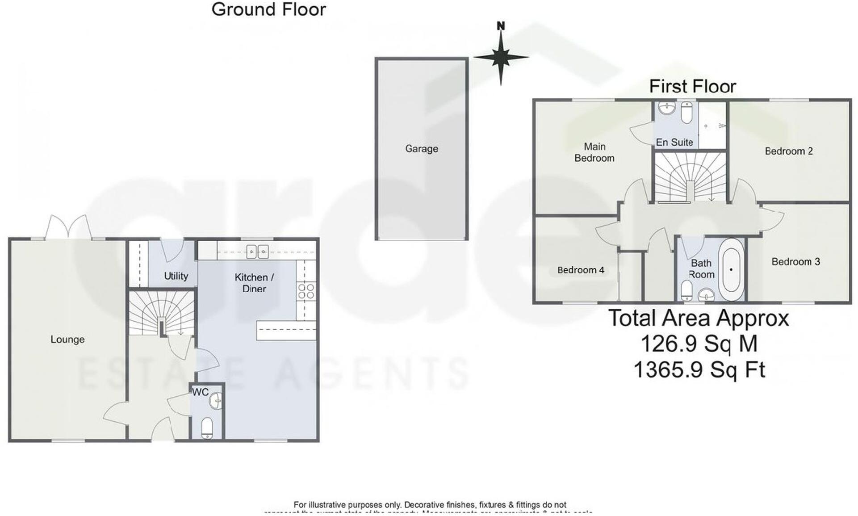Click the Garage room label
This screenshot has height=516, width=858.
[421, 149]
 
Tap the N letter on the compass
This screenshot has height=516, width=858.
[501, 26]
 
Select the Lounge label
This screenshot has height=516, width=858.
[67, 340]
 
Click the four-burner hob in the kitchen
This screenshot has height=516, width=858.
[306, 291]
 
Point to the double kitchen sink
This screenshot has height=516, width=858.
[257, 252]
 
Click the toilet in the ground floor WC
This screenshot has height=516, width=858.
[207, 428]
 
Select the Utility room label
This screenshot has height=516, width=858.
[176, 276]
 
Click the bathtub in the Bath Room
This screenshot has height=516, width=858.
[731, 269]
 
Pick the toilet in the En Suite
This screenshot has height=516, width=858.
[686, 112]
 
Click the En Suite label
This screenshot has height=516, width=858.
[674, 143]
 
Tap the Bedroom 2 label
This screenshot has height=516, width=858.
[788, 151]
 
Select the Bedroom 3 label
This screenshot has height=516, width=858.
[795, 262]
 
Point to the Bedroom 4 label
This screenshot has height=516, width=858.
[580, 270]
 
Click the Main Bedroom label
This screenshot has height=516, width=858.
[594, 152]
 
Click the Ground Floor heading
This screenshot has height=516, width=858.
[268, 10]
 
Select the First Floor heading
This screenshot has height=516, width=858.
[692, 87]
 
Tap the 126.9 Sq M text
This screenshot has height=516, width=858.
[699, 344]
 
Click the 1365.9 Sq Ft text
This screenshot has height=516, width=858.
[699, 370]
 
